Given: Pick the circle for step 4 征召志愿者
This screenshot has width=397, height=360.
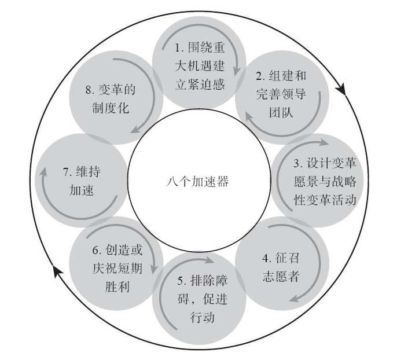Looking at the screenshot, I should [281, 265].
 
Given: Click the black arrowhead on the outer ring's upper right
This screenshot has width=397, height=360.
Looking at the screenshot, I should [341, 90].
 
